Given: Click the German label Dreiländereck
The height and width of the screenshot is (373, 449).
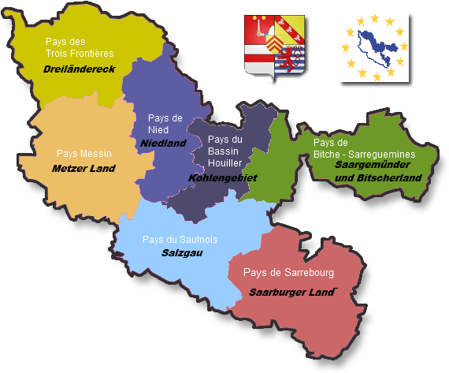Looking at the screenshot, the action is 79,69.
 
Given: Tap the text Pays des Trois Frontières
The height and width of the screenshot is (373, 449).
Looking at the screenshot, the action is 80,47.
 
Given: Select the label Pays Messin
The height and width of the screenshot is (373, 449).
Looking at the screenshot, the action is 84,153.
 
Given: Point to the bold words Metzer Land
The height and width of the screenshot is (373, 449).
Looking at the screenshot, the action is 83,168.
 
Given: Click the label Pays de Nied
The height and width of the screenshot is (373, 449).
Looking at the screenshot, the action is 165,124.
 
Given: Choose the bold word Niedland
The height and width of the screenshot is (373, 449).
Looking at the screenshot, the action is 163,143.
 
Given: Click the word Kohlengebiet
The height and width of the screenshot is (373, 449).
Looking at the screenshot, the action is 223,178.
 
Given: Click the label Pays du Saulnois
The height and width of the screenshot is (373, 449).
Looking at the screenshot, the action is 180,239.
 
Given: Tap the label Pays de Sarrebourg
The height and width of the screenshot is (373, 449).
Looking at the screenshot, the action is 289,273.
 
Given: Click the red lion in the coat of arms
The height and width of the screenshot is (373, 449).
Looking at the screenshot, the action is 293,59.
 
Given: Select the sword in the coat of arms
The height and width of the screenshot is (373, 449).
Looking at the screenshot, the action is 259,29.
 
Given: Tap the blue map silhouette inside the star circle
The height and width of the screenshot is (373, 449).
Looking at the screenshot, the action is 373,47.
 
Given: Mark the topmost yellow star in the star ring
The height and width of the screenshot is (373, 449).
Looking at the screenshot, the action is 374,17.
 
